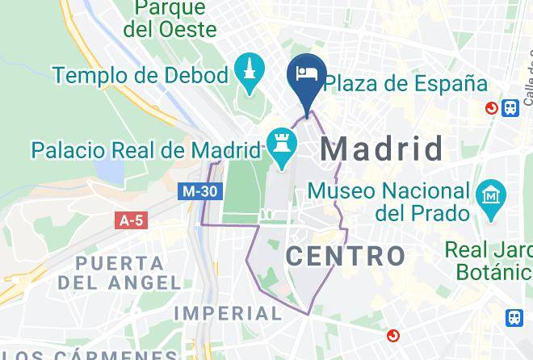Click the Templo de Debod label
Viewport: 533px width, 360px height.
click(x=141, y=76)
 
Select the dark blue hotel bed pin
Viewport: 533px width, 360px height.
click(x=307, y=77)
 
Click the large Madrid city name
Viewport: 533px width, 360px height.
click(x=383, y=149)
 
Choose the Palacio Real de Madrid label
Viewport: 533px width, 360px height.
click(x=146, y=149)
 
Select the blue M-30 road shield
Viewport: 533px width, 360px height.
click(x=198, y=191)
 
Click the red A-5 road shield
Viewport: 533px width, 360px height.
click(x=132, y=220)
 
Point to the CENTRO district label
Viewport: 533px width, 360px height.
click(x=346, y=257)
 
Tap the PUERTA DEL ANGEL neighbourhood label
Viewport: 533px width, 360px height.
click(x=120, y=273)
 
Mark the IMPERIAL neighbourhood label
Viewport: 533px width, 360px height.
click(x=229, y=312)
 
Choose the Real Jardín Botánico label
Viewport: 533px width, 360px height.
click(x=489, y=259)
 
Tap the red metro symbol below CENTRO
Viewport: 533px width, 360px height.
click(x=392, y=334)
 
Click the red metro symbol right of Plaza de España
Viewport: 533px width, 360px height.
click(x=491, y=107)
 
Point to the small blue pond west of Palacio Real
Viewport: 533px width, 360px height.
click(x=109, y=170)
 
